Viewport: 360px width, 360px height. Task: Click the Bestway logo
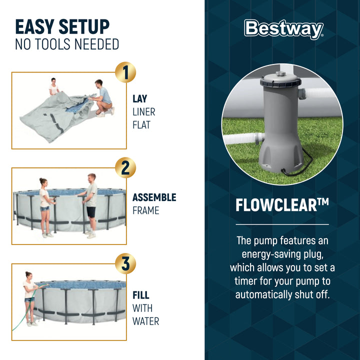283,29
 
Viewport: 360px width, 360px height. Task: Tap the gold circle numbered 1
125,72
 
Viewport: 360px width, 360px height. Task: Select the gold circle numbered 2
125,168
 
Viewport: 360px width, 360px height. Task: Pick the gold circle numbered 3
125,264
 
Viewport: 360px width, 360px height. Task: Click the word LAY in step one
139,99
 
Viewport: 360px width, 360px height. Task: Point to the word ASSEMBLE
154,197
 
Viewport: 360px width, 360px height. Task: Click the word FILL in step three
140,295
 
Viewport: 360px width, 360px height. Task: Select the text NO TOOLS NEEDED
67,44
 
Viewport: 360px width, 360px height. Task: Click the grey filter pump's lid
280,80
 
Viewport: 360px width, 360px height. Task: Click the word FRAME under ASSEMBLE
145,210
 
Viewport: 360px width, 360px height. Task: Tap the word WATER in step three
145,321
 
